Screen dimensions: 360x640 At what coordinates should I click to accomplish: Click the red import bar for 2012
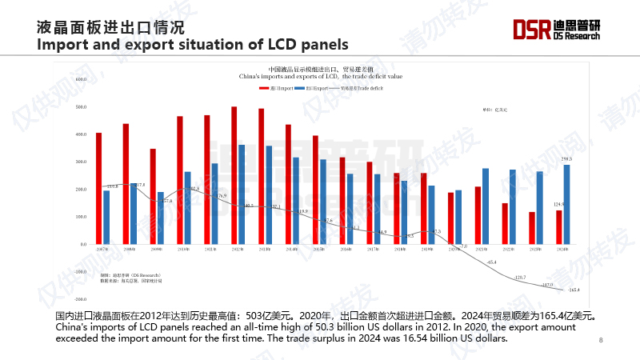tap(234, 175)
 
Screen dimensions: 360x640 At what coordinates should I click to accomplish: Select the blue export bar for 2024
tap(567, 204)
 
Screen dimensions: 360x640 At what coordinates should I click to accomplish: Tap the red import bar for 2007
tap(98, 188)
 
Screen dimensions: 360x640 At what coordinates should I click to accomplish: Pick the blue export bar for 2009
tap(160, 218)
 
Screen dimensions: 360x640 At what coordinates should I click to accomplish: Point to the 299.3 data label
tap(567, 159)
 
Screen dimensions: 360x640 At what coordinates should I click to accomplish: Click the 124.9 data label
tap(558, 204)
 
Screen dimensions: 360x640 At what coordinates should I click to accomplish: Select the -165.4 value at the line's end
tap(573, 290)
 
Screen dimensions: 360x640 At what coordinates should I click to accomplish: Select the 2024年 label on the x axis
tap(562, 249)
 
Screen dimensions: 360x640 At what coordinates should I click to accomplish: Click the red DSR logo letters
tap(532, 30)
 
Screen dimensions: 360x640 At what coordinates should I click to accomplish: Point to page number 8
tap(601, 341)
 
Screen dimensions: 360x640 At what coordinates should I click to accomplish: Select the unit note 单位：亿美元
tap(483, 108)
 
